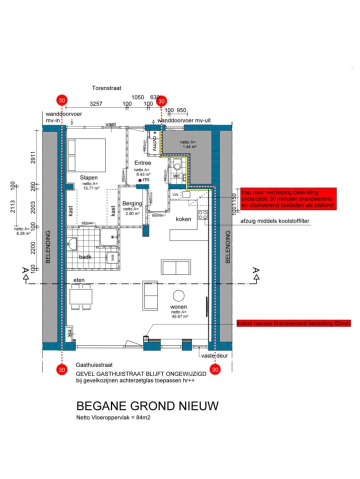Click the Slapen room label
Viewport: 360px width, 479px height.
[x=88, y=177]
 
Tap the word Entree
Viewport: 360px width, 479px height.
[x=142, y=163]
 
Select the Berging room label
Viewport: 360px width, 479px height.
[x=132, y=203]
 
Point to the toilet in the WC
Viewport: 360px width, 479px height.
[x=176, y=167]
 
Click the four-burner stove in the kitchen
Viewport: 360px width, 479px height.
[x=203, y=215]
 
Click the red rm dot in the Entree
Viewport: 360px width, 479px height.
[x=141, y=179]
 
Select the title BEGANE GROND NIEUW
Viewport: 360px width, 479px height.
[x=147, y=405]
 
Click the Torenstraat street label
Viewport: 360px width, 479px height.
[x=106, y=87]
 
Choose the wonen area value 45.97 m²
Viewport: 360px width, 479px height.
[x=178, y=316]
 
